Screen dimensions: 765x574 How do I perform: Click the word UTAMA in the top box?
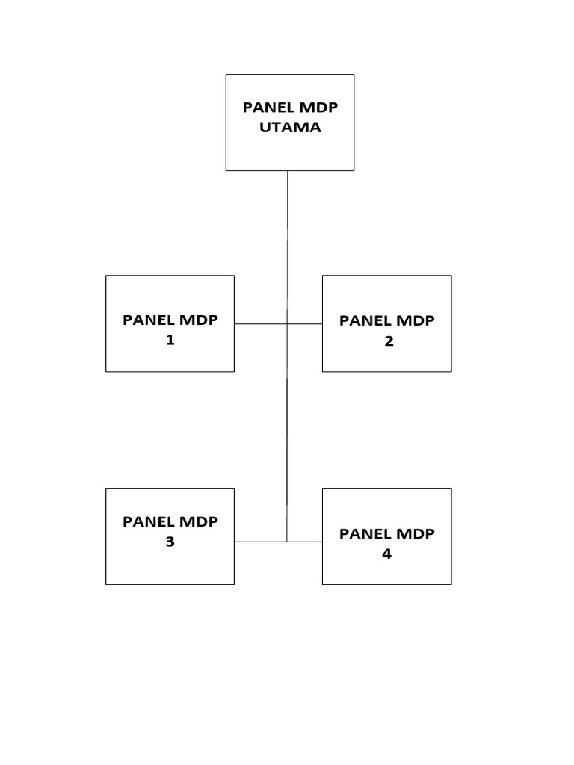[290, 127]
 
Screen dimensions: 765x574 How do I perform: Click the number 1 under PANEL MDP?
[170, 341]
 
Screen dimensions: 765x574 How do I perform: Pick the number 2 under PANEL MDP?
[386, 341]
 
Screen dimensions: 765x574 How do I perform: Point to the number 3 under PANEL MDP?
[170, 542]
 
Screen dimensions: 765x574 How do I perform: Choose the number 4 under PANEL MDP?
[386, 554]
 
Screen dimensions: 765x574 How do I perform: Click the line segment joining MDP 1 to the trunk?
[260, 323]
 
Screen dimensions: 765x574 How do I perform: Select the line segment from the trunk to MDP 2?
[305, 323]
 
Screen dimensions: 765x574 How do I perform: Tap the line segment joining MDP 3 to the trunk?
[260, 542]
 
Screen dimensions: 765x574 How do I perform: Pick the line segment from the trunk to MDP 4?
[305, 542]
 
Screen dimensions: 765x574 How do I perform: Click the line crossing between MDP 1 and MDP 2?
[287, 323]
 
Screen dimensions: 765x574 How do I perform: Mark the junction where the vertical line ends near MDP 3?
[287, 542]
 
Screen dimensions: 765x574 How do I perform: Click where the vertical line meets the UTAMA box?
[288, 171]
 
